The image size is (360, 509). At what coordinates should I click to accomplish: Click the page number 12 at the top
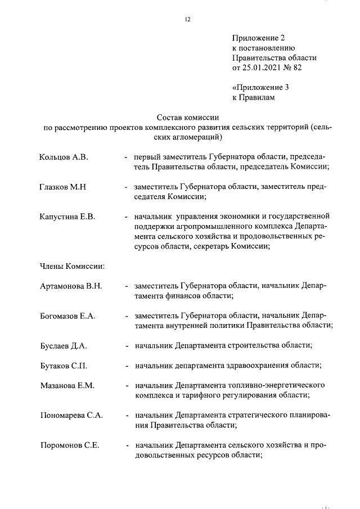(188, 20)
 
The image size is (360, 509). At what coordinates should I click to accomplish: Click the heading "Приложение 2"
(259, 38)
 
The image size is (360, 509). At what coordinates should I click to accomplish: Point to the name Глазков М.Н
(62, 187)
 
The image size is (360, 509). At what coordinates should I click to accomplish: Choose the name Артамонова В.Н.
(71, 286)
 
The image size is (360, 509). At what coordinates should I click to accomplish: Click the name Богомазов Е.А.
(67, 316)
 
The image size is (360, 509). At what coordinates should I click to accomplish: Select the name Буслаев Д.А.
(63, 345)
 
